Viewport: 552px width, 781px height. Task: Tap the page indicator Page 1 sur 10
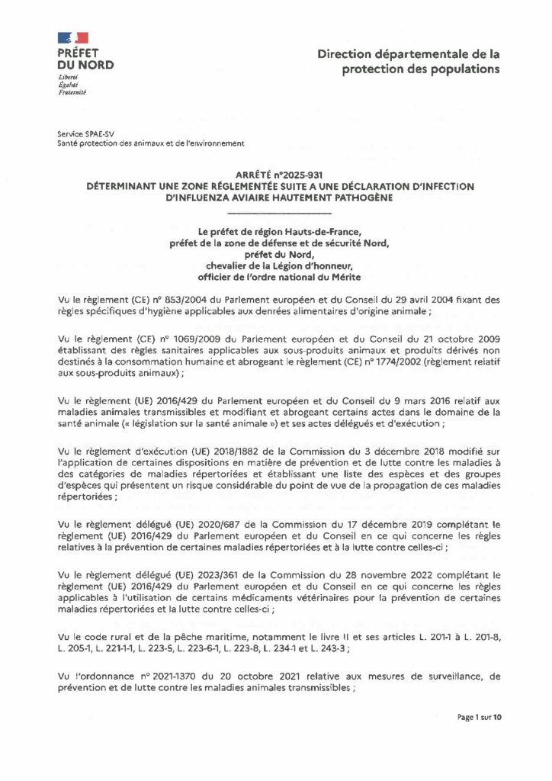[x=480, y=717]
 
